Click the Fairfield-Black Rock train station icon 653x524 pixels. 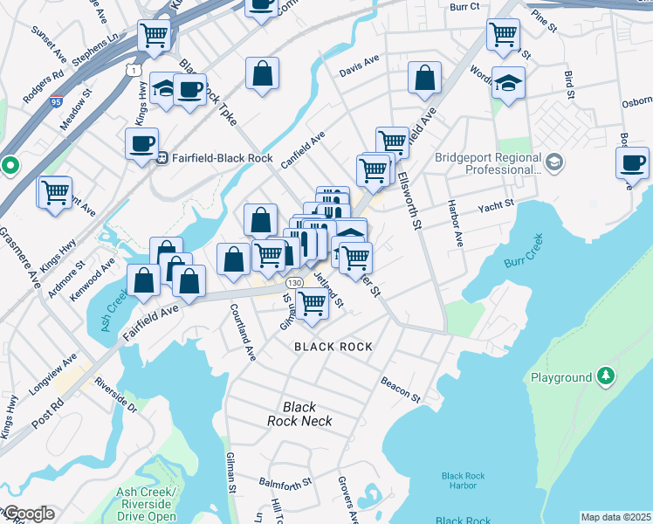tap(162, 158)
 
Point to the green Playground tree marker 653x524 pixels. tap(604, 377)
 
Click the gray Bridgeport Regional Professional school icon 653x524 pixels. tap(553, 162)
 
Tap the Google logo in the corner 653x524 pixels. tap(28, 514)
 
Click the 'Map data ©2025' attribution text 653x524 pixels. tap(615, 517)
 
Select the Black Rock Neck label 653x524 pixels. tap(299, 414)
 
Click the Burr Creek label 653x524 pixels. tap(524, 250)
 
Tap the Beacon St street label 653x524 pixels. tap(401, 390)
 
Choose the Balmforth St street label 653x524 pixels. tap(285, 483)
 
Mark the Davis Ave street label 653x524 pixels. tap(360, 65)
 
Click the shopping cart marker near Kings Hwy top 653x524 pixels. tap(154, 35)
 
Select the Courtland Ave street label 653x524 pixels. tap(243, 332)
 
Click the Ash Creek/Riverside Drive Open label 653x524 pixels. tap(147, 505)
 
